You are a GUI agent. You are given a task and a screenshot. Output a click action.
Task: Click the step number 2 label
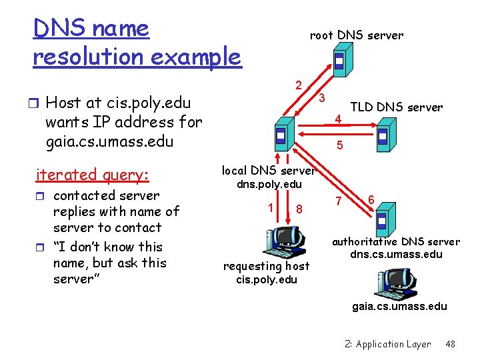pos(299,85)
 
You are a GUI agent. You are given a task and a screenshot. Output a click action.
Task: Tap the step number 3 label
pos(321,98)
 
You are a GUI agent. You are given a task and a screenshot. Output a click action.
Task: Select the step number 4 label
pos(338,120)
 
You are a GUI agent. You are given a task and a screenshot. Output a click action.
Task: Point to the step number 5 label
pos(340,144)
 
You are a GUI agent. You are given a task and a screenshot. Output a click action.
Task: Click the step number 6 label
pos(371,198)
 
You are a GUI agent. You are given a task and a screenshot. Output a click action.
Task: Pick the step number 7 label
pos(338,201)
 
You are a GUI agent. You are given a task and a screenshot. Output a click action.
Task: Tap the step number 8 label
pos(299,209)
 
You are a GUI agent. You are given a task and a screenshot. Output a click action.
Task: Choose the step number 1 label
pos(271,207)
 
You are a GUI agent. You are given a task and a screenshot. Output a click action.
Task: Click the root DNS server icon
pos(339,62)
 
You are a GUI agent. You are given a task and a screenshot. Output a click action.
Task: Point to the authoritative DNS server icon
pos(381,221)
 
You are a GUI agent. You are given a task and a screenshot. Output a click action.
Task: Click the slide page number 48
pos(450,344)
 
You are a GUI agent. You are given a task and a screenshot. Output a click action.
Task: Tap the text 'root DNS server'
pos(356,35)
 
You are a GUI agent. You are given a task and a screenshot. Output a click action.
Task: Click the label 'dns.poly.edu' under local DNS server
pos(269,184)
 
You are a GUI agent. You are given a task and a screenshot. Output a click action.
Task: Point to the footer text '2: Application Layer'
pos(388,344)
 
